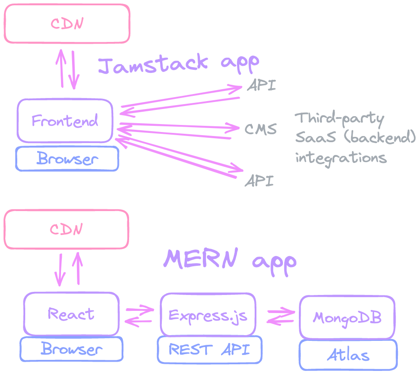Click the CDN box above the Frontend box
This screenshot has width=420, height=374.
pyautogui.click(x=67, y=23)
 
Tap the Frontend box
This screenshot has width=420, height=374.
pyautogui.click(x=65, y=121)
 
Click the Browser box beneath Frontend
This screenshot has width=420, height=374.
pyautogui.click(x=67, y=159)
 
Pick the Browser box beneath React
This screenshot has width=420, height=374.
pyautogui.click(x=72, y=349)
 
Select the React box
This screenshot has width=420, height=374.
pyautogui.click(x=71, y=314)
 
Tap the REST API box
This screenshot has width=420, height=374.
pyautogui.click(x=209, y=350)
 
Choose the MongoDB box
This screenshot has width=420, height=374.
pyautogui.click(x=347, y=317)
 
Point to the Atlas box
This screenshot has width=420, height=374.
pyautogui.click(x=348, y=355)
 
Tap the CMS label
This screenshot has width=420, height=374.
pyautogui.click(x=260, y=129)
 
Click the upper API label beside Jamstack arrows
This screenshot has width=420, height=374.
pyautogui.click(x=261, y=85)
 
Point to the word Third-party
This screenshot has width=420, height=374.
pyautogui.click(x=340, y=118)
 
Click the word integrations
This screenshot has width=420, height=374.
pyautogui.click(x=341, y=157)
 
